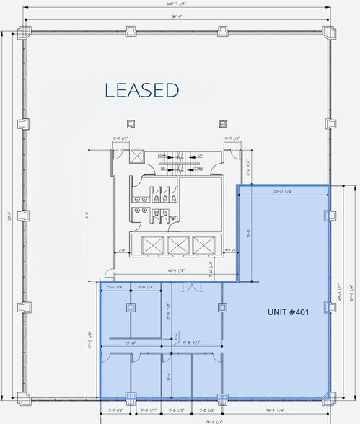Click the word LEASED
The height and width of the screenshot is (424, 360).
tap(141, 90)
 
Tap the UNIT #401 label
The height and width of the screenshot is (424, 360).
tap(287, 312)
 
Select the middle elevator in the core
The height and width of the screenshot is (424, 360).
tap(177, 244)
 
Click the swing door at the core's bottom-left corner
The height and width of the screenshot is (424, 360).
tap(108, 275)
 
